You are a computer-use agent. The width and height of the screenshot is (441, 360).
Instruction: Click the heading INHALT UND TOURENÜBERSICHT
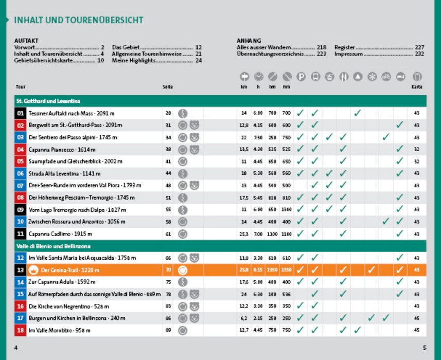click(x=78, y=21)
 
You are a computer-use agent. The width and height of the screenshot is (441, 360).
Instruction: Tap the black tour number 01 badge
click(x=21, y=113)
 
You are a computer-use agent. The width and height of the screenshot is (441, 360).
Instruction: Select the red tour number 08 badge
click(x=21, y=197)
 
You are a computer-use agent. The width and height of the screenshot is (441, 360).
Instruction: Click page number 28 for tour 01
click(x=168, y=113)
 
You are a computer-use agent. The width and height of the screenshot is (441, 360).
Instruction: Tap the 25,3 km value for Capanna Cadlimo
click(x=244, y=234)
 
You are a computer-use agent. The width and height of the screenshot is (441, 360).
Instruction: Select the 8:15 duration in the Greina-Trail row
click(x=258, y=270)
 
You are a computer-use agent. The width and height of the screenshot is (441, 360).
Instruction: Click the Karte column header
click(x=417, y=87)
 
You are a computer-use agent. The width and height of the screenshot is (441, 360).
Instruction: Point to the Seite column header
click(x=168, y=87)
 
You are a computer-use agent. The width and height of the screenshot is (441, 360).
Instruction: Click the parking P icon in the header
click(x=301, y=77)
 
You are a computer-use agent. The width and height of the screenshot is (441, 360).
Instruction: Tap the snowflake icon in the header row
click(x=372, y=77)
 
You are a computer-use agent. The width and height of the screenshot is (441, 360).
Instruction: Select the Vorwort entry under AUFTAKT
click(x=24, y=47)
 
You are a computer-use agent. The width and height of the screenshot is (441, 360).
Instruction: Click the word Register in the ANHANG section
click(x=345, y=47)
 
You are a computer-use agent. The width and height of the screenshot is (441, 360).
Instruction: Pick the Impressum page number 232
click(x=419, y=53)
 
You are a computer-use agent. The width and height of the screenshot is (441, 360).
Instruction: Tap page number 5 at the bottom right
click(x=424, y=348)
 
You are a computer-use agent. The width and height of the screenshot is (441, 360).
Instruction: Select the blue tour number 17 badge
click(x=21, y=318)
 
